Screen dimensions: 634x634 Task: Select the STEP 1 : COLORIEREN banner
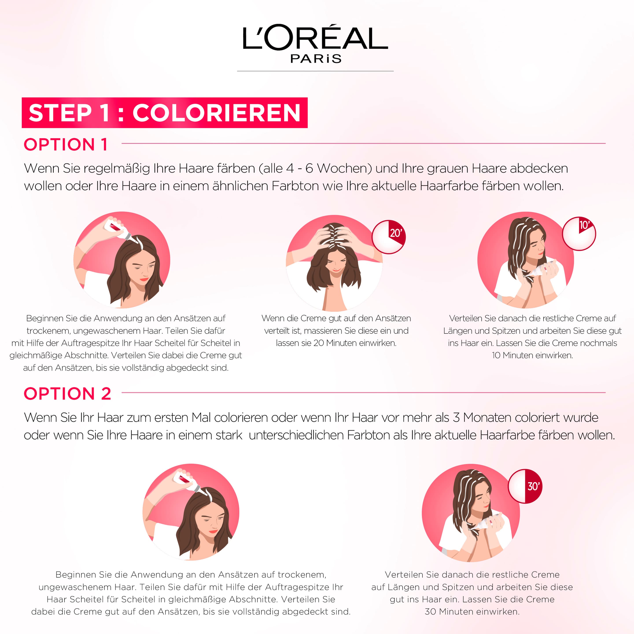point(164,112)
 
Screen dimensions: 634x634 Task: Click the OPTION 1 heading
point(66,144)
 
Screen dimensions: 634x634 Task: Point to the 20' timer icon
point(389,237)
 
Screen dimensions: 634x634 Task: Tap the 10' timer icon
point(579,233)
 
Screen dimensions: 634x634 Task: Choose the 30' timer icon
point(525,486)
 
